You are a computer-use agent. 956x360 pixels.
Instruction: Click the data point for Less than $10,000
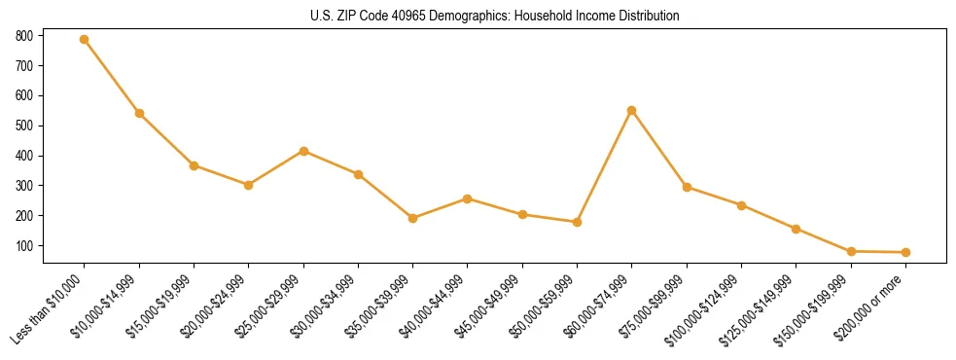[85, 40]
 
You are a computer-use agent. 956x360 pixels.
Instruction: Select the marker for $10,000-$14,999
[139, 114]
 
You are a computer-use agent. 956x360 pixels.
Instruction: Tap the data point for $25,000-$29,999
[303, 151]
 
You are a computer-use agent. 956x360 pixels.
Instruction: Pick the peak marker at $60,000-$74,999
[632, 110]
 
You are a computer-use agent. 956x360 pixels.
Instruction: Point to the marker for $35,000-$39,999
[413, 218]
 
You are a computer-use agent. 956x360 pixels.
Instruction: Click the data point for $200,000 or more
[905, 252]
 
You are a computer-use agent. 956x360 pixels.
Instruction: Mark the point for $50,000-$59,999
[577, 222]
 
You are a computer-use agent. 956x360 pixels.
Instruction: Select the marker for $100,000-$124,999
[741, 205]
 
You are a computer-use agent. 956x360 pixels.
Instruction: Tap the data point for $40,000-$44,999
[468, 198]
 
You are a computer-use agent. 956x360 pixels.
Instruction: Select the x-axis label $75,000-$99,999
[653, 309]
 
